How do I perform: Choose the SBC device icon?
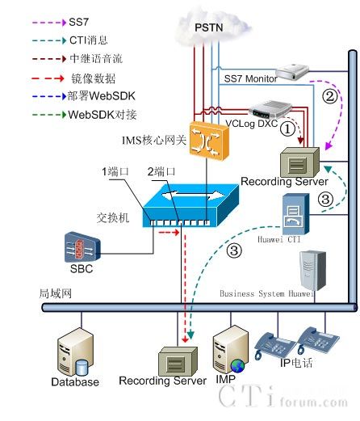[82, 246]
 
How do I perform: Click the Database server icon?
[74, 352]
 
